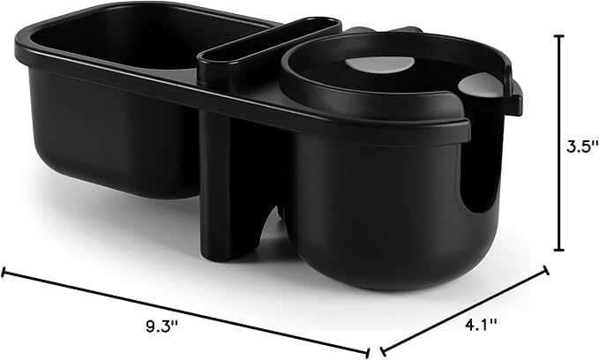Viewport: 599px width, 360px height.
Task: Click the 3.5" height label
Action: tap(580, 146)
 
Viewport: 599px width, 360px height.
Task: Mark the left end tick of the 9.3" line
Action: tap(4, 273)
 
